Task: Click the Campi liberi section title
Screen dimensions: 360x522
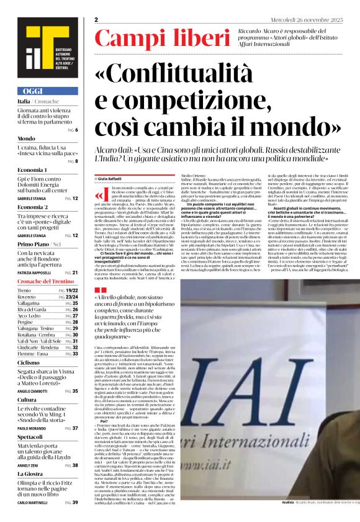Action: click(x=153, y=38)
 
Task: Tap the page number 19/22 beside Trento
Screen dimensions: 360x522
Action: click(x=71, y=290)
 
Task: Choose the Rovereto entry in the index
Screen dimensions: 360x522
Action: click(x=28, y=297)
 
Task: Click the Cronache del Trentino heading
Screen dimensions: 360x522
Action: click(x=46, y=282)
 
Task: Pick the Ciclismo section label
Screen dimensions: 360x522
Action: click(x=29, y=362)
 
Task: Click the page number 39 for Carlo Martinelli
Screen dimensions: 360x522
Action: click(x=74, y=502)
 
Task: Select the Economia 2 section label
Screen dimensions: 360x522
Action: click(x=33, y=207)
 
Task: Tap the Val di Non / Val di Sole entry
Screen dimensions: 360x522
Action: click(x=39, y=341)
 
